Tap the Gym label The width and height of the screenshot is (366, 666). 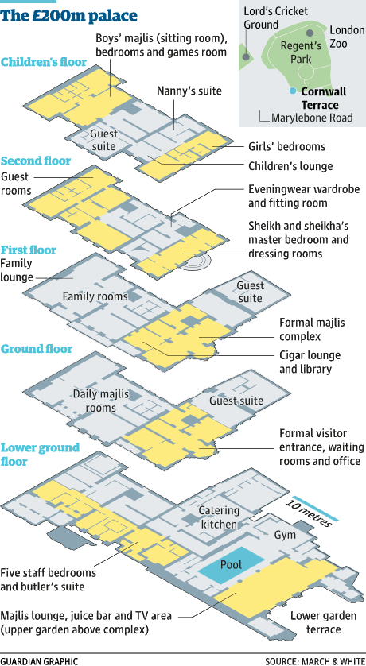[x=284, y=534]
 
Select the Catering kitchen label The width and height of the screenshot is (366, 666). [x=219, y=517]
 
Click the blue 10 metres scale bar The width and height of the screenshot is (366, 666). [x=315, y=509]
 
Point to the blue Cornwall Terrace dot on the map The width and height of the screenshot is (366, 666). [x=292, y=91]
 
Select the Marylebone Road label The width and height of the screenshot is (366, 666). [x=312, y=118]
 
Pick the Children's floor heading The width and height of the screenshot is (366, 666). [x=44, y=62]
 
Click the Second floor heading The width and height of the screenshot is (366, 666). [x=36, y=161]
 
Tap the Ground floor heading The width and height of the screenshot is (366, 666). [x=37, y=349]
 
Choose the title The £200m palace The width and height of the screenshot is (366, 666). [x=69, y=15]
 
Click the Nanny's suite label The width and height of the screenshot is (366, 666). [x=189, y=91]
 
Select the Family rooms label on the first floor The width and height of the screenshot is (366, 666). [x=95, y=296]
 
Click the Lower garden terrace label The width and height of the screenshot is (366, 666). [x=315, y=621]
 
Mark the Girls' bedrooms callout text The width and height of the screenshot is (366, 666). [x=287, y=146]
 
